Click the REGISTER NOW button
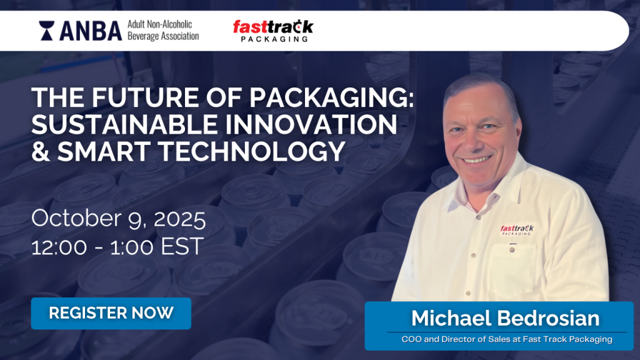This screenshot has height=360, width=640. coord(111,313)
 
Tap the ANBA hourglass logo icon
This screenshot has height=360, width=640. coord(46,31)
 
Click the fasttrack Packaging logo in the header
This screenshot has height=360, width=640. coord(273,31)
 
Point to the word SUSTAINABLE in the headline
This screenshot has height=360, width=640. coord(125,124)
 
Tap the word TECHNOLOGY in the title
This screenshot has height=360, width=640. coord(252,151)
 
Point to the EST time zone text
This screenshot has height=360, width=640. coord(182,246)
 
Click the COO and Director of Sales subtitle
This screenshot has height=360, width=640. coord(507,339)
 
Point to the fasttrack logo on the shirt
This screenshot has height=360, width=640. coord(517,229)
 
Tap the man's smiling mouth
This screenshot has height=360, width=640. coord(477,159)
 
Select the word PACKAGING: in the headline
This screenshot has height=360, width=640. coord(331,97)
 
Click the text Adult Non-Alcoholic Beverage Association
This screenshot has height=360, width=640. coord(163,30)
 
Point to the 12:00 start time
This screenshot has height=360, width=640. coord(59,246)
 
